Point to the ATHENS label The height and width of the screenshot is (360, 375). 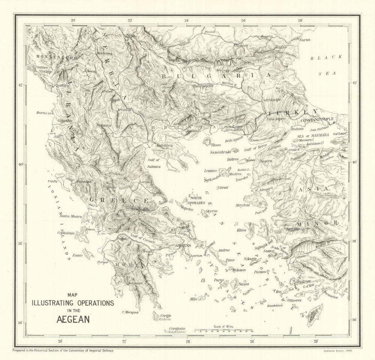184,245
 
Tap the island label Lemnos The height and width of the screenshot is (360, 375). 210,170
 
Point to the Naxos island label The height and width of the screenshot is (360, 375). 244,284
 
